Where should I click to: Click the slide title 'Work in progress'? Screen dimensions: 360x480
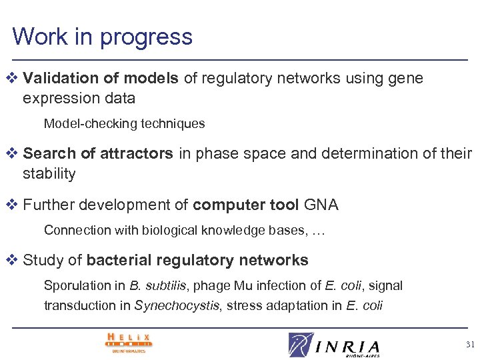[x=102, y=36]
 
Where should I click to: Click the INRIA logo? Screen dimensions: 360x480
[x=335, y=345]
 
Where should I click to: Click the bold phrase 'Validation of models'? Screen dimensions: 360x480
[x=101, y=79]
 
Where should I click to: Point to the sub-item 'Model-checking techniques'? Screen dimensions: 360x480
[x=124, y=124]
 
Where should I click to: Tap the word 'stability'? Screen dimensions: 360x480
[x=49, y=175]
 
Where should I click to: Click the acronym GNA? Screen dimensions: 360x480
[x=321, y=205]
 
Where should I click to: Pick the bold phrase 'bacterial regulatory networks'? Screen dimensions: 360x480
[x=197, y=260]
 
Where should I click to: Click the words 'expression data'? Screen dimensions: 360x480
[x=79, y=99]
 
